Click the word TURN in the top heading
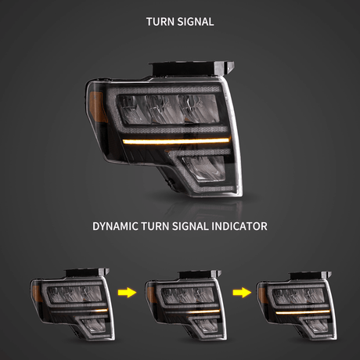160,22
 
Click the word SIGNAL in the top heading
196,22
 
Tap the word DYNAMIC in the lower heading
116,226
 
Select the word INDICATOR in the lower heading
239,226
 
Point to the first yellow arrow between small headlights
127,293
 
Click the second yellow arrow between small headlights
242,293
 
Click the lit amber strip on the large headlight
177,141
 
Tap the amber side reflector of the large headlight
98,107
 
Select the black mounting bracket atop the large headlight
192,69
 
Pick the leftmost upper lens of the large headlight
131,109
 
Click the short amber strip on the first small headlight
101,311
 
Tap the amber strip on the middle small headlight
205,311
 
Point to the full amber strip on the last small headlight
303,312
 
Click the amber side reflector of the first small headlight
36,293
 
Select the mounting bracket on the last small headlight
311,275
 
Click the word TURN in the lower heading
155,226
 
